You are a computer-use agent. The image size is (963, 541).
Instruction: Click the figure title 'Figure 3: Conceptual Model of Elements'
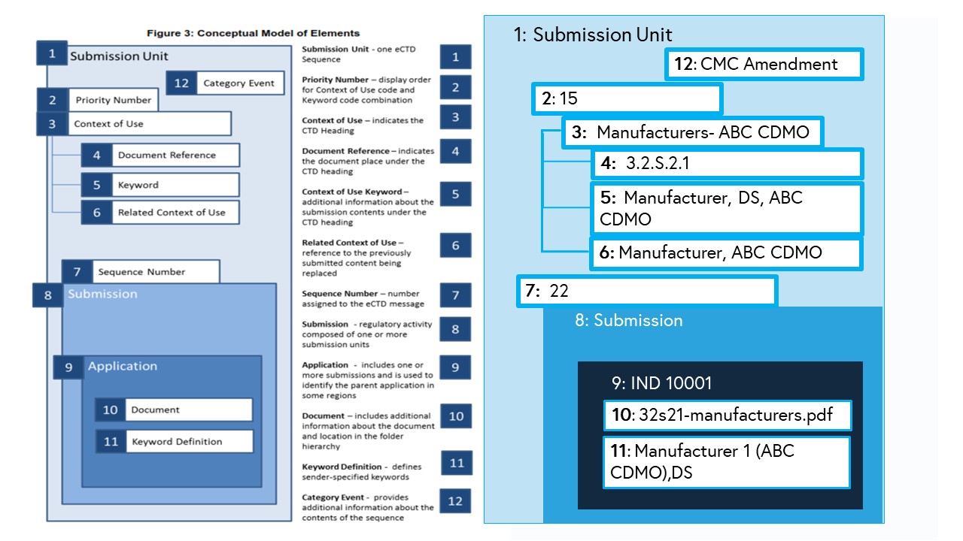tap(253, 33)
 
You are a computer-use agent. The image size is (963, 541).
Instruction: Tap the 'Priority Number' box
tap(113, 100)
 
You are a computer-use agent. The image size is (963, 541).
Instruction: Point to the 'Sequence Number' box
tap(141, 272)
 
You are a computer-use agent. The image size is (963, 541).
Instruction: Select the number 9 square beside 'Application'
tap(68, 367)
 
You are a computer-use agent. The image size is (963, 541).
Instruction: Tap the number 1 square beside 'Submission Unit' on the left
tap(52, 54)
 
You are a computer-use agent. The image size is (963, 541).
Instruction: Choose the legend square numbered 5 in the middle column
tap(455, 195)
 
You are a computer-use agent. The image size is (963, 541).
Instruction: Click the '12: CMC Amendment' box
tap(764, 65)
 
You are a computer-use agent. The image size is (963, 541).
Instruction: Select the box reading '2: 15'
tap(627, 99)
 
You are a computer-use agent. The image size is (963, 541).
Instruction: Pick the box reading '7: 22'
tap(647, 292)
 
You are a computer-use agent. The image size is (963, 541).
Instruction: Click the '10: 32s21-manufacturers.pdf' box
tap(728, 415)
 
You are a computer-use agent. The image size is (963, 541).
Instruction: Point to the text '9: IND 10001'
tap(661, 383)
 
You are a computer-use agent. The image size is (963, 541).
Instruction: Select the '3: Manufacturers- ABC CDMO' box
tap(692, 133)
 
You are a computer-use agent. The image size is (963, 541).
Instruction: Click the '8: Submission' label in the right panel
tap(628, 321)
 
